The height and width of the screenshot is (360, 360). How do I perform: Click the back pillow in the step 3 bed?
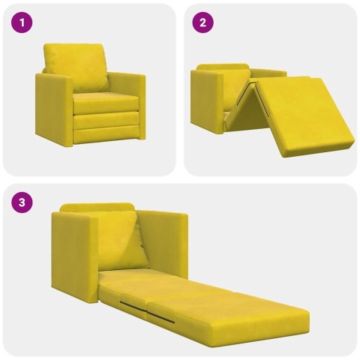tap(120, 240)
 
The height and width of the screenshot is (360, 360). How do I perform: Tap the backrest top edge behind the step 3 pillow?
tap(97, 207)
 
